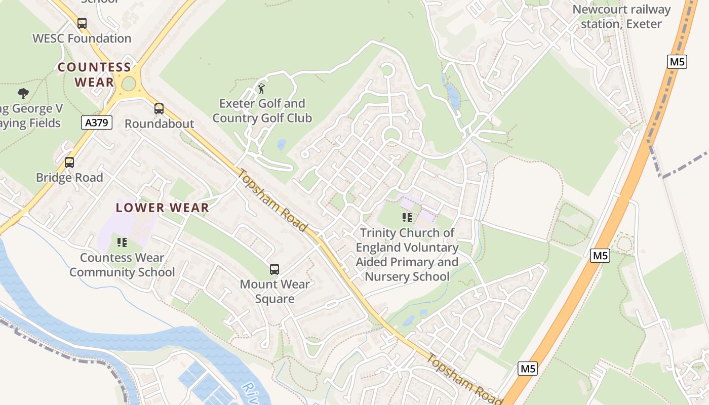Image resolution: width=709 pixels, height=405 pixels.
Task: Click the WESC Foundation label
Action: pos(82,38)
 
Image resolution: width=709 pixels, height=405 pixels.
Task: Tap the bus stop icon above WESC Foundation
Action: pos(82,23)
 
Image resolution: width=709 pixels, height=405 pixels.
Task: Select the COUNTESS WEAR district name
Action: pos(94,74)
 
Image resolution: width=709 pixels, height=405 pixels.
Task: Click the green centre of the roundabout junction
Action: pos(129,84)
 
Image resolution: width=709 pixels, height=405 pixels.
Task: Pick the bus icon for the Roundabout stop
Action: pos(159,109)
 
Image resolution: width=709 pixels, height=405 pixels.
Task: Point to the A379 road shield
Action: pos(96,122)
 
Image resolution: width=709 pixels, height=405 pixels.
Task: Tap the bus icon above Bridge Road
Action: pos(69,163)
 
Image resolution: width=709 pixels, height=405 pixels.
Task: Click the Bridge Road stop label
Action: pos(69,178)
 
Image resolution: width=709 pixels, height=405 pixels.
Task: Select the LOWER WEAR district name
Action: pos(162,208)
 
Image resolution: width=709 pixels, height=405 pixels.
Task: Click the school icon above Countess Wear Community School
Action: pos(122,242)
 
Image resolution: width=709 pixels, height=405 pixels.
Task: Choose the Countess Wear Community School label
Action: pos(122,265)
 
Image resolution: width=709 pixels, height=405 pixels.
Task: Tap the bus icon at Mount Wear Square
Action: pos(274,269)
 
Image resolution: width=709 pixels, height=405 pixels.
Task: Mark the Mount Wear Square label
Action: pos(274,292)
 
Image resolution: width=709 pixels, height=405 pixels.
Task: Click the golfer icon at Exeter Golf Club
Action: pos(261,89)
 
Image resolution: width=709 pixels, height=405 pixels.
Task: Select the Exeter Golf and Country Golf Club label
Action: pos(262,111)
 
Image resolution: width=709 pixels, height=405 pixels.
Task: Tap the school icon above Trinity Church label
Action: pos(407,218)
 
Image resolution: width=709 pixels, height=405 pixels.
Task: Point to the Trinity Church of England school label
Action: pos(407,255)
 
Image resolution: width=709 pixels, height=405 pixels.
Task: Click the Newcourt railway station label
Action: pos(621,17)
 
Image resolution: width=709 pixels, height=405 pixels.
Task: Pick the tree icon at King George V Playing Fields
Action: pos(23,93)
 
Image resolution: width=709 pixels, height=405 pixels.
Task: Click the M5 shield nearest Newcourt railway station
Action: pos(677,62)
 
